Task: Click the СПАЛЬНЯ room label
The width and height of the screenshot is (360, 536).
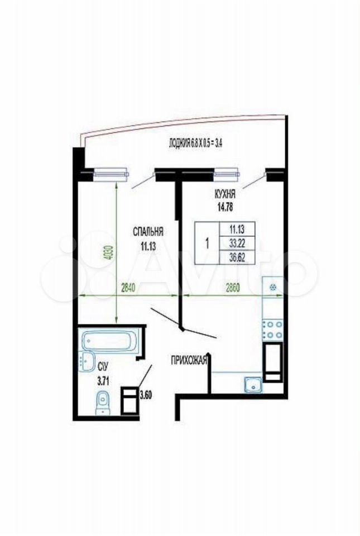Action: (x=147, y=232)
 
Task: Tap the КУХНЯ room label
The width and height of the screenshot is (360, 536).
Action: (x=224, y=195)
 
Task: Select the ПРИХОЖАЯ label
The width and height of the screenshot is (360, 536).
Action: (x=189, y=360)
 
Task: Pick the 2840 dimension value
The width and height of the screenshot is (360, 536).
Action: (x=129, y=288)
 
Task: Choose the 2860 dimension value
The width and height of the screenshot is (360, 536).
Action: (x=232, y=288)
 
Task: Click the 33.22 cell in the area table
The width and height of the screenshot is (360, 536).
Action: (x=237, y=243)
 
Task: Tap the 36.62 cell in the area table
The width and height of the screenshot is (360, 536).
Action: (x=237, y=257)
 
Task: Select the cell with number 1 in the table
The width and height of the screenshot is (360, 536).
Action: (x=207, y=243)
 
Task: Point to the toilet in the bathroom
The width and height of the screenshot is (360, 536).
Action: (x=103, y=402)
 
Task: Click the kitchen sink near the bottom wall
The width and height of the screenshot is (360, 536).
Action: (x=253, y=384)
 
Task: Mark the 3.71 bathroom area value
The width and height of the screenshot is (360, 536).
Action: (x=103, y=381)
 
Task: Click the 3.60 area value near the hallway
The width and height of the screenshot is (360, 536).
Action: (x=145, y=396)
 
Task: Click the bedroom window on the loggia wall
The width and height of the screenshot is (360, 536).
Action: (x=111, y=174)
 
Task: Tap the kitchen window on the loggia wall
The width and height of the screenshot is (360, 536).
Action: (x=227, y=174)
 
